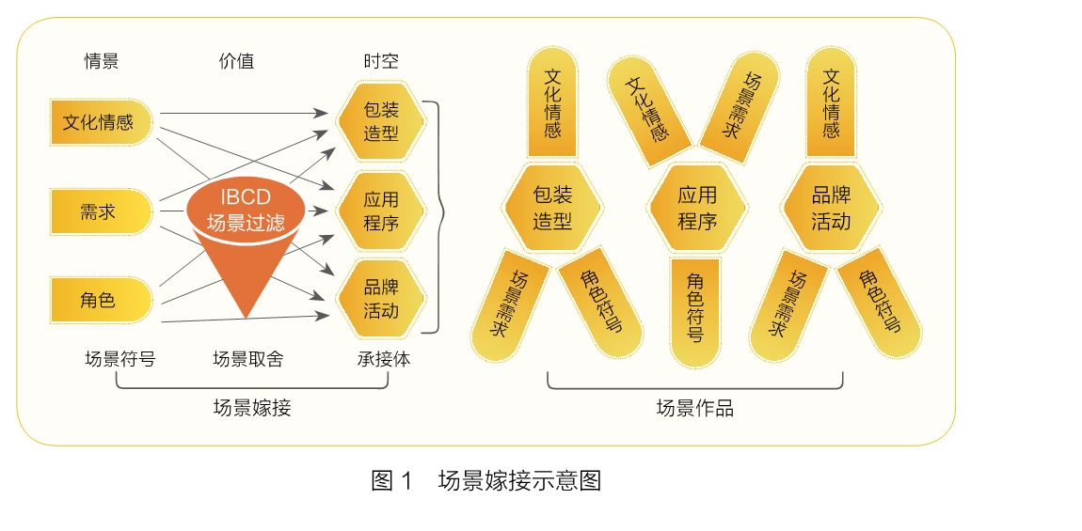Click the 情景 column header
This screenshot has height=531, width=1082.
click(102, 62)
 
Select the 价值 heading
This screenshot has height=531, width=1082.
click(236, 62)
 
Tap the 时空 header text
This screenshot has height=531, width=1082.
click(381, 62)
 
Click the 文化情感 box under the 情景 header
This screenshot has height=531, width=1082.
click(100, 122)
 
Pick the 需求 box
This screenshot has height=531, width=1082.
click(100, 211)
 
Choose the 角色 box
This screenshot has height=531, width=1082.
click(100, 300)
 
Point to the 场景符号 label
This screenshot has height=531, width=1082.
click(119, 358)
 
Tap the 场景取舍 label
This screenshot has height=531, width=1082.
click(247, 358)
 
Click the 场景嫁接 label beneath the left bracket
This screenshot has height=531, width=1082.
click(252, 407)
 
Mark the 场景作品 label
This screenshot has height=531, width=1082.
click(694, 408)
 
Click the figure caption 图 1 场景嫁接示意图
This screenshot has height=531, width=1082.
click(486, 481)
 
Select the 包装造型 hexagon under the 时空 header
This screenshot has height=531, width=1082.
click(381, 122)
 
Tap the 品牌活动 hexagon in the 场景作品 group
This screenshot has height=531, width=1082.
click(831, 209)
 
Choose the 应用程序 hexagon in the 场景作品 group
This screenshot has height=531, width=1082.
click(697, 209)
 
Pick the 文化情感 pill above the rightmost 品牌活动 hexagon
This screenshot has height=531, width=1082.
click(831, 103)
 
